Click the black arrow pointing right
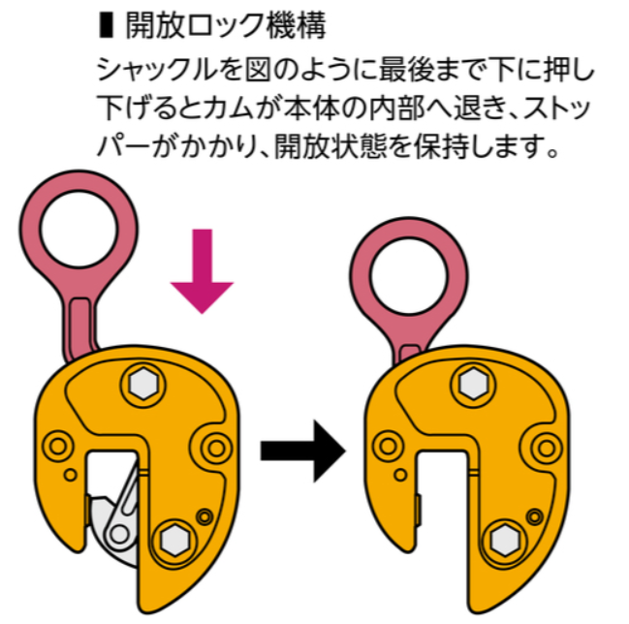click(x=302, y=450)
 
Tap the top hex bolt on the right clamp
click(x=472, y=385)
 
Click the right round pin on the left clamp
click(x=215, y=446)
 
